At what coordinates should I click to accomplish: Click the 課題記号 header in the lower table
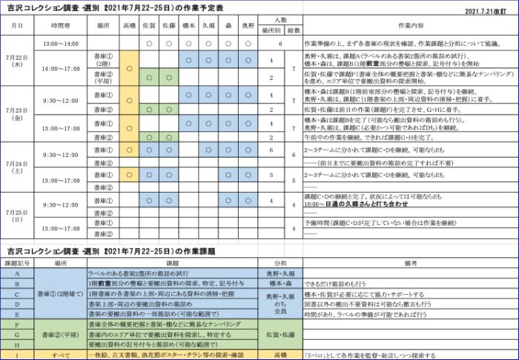click(17, 263)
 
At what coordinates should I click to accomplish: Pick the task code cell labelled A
click(17, 273)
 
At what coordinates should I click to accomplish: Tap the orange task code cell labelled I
click(17, 355)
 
